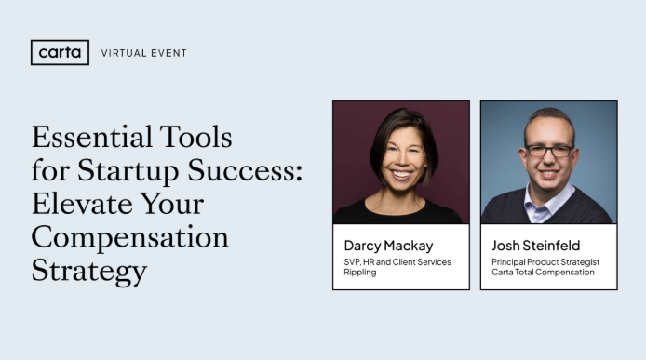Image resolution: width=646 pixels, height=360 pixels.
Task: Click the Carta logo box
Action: (x=60, y=53)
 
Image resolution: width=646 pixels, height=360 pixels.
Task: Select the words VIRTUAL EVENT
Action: (x=143, y=53)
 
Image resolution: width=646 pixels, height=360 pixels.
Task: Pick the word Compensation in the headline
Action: (x=129, y=237)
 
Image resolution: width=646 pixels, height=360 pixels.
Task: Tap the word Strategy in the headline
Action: (x=89, y=270)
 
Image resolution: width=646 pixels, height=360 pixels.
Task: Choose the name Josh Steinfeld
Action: (x=535, y=246)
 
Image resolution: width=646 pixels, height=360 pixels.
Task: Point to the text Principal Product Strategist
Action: (x=545, y=262)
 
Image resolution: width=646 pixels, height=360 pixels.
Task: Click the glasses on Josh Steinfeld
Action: (x=548, y=150)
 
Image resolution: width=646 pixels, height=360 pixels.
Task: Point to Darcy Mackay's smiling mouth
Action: (x=400, y=173)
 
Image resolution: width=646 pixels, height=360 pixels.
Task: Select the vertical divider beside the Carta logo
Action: (x=90, y=53)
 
